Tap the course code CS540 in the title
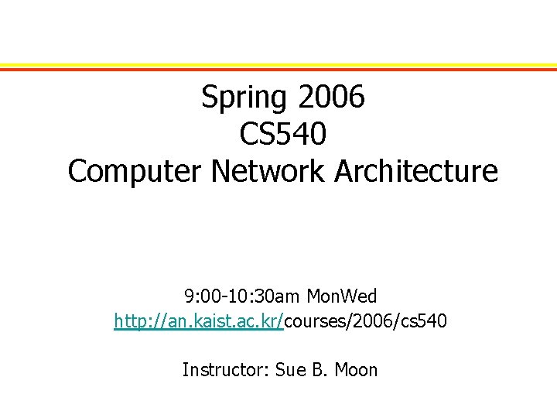pos(283,134)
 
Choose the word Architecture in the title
pos(416,171)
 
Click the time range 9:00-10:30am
pos(244,296)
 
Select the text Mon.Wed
pos(342,296)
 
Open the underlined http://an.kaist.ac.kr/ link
pos(199,321)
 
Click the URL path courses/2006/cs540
pos(365,321)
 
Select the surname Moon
pos(357,370)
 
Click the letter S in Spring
pos(208,98)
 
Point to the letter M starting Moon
pos(343,370)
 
